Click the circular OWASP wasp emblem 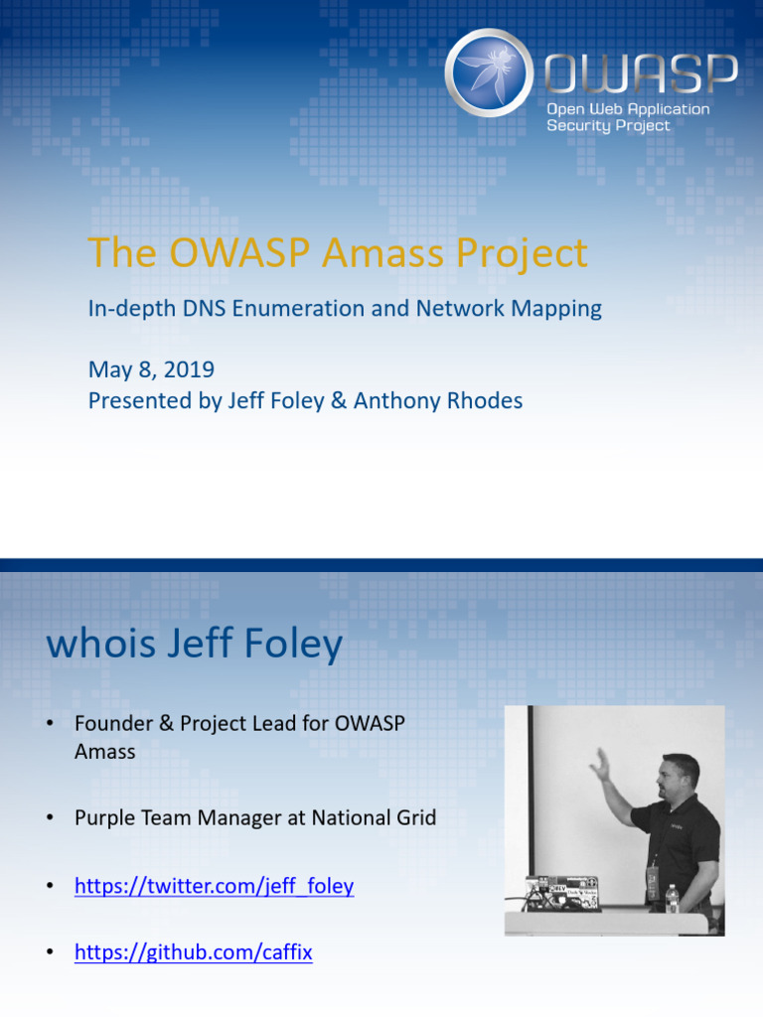[x=490, y=73]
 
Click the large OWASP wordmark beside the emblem [x=641, y=73]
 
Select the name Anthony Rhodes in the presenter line [x=438, y=401]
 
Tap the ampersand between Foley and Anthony [x=337, y=401]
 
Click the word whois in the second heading [x=100, y=646]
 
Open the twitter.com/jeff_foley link [x=214, y=886]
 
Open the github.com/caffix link [x=194, y=952]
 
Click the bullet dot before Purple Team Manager [x=49, y=818]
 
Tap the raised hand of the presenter [x=599, y=763]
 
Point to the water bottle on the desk [x=672, y=899]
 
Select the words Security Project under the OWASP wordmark [x=608, y=126]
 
